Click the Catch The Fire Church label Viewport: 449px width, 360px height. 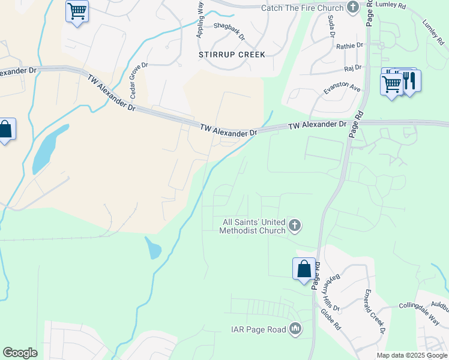click(x=303, y=8)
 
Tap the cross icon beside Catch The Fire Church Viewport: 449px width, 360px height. click(x=353, y=8)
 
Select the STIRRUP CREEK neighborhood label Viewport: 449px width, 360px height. click(x=232, y=55)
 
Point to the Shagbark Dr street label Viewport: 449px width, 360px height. click(x=229, y=31)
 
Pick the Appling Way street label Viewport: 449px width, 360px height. click(x=200, y=20)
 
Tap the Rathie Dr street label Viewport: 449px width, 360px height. click(x=350, y=46)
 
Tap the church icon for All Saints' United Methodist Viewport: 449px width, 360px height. click(x=294, y=226)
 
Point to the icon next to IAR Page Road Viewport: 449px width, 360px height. click(x=295, y=329)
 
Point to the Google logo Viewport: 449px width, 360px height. click(x=20, y=353)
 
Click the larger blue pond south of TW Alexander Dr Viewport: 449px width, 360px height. click(x=46, y=148)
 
